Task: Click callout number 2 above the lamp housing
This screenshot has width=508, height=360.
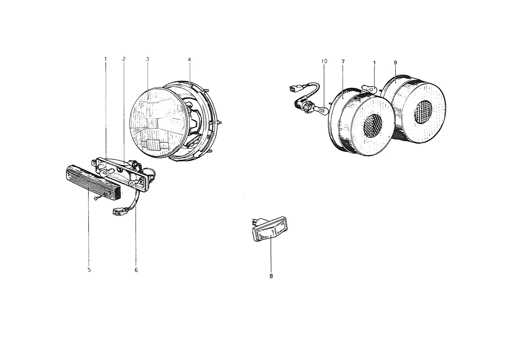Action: [124, 59]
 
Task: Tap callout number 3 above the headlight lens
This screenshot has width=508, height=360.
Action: [148, 59]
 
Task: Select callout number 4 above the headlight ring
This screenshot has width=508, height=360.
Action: [189, 59]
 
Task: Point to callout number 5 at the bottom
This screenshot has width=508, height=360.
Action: [89, 270]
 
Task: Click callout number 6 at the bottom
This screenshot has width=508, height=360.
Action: [136, 270]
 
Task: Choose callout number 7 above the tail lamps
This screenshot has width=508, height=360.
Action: [343, 62]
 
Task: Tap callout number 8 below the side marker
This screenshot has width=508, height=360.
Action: [271, 276]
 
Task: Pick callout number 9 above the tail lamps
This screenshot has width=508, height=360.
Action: [396, 63]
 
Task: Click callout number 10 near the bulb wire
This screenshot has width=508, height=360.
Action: [324, 61]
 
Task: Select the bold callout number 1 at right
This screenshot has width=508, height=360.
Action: [374, 63]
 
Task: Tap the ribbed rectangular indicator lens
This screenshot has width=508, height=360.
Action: [93, 183]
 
